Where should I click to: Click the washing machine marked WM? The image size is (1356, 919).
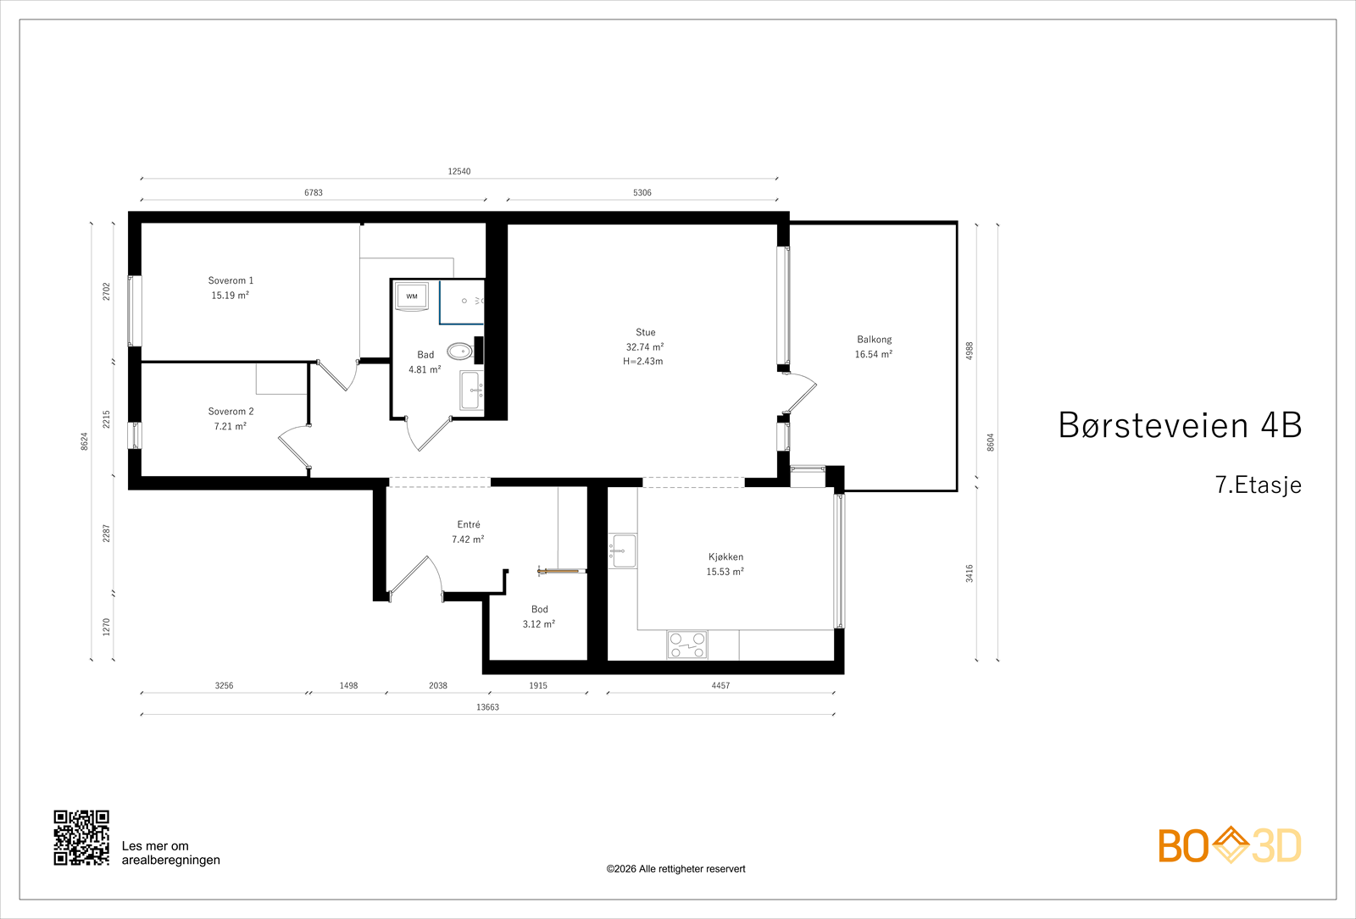(412, 296)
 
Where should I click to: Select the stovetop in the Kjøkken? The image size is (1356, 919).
(687, 645)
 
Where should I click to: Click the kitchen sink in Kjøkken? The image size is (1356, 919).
(622, 551)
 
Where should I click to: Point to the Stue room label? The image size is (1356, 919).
(645, 332)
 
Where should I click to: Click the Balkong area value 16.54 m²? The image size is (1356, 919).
(874, 355)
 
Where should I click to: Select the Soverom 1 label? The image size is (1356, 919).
(231, 280)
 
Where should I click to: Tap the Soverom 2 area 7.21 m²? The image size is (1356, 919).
(230, 427)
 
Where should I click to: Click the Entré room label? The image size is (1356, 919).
(469, 524)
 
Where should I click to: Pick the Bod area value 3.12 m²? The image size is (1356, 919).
(539, 624)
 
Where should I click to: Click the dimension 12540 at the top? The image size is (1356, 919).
(458, 171)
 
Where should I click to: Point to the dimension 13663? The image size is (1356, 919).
(487, 707)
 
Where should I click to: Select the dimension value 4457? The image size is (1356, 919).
(720, 685)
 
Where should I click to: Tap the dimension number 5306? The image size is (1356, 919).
(642, 192)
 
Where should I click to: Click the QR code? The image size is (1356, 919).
(81, 838)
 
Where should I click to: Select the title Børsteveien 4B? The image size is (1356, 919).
(1180, 424)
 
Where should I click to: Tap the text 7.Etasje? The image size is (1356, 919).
(1258, 484)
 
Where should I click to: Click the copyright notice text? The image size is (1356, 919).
(675, 869)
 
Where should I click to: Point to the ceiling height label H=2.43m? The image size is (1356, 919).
(643, 361)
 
